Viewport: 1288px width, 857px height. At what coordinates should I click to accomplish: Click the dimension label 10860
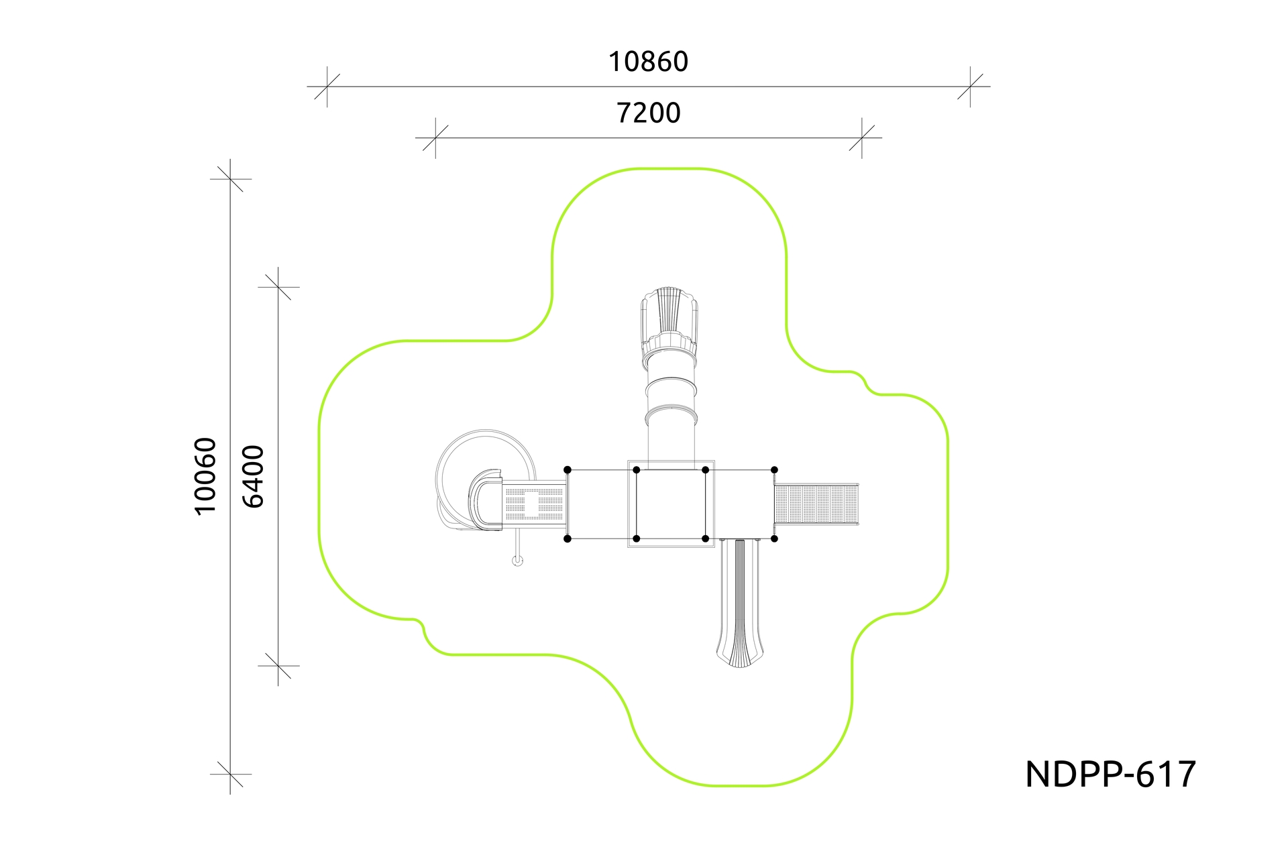pyautogui.click(x=648, y=62)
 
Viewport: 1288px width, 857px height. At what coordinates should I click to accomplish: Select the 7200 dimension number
pyautogui.click(x=648, y=113)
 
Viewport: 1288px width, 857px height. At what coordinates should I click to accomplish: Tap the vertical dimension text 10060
pyautogui.click(x=205, y=476)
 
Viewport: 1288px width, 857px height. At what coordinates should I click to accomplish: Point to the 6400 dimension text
pyautogui.click(x=253, y=476)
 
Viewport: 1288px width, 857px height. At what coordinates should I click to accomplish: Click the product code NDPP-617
pyautogui.click(x=1110, y=775)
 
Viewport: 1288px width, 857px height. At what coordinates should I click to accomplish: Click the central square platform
pyautogui.click(x=671, y=504)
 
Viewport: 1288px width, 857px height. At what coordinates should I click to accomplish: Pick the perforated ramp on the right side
pyautogui.click(x=816, y=504)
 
